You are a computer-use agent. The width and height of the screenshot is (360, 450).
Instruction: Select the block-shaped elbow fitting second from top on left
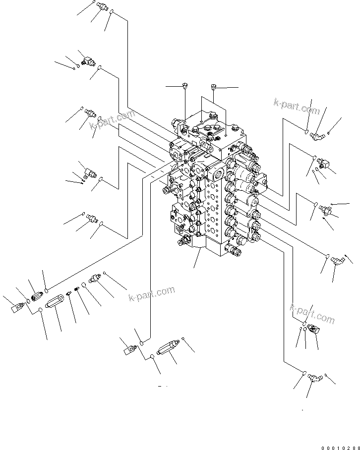[x=88, y=61]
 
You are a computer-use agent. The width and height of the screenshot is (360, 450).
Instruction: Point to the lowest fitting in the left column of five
[x=92, y=218]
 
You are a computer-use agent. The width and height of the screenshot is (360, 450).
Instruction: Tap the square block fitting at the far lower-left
[x=18, y=308]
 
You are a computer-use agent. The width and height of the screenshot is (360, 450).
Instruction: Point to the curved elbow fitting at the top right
[x=316, y=134]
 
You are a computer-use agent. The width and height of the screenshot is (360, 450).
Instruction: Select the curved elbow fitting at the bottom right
[x=313, y=379]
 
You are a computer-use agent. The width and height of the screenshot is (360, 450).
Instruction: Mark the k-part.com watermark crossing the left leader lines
[x=113, y=121]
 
